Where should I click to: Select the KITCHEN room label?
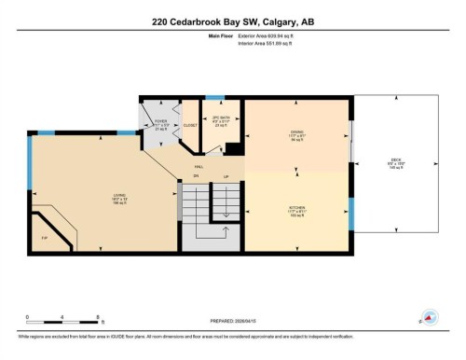(296, 209)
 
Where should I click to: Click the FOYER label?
(159, 120)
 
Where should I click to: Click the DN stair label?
(196, 175)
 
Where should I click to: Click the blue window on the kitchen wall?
(351, 214)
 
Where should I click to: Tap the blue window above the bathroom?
(214, 96)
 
